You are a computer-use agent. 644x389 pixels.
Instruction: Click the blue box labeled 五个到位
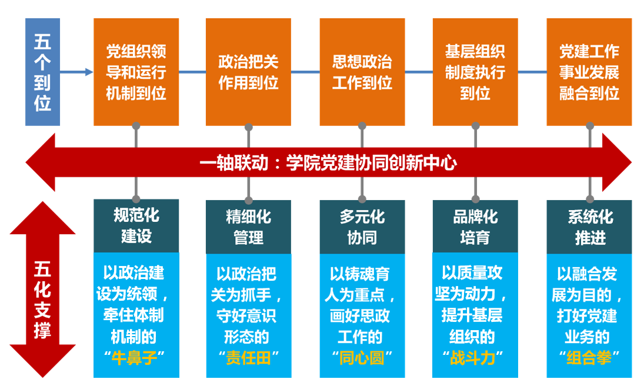click(43, 72)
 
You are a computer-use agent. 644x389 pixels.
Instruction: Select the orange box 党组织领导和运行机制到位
click(136, 72)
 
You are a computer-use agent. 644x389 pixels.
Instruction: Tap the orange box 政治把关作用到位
click(248, 72)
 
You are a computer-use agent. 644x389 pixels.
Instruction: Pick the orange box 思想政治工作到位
click(362, 72)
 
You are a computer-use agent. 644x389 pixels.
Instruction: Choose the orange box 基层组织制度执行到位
click(475, 72)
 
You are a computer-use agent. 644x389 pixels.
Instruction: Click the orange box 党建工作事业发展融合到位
click(589, 72)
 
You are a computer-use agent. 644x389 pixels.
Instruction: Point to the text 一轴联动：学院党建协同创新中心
click(328, 163)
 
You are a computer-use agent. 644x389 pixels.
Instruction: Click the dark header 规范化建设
click(136, 226)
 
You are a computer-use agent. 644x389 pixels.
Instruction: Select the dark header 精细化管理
click(248, 226)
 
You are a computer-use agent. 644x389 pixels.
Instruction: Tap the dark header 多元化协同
click(362, 226)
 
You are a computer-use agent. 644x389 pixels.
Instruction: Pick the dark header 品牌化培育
click(475, 226)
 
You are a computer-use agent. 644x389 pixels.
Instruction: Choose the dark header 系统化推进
click(589, 226)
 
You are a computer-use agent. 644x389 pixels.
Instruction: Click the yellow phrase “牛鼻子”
click(136, 358)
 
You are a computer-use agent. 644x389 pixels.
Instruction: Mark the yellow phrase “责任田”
click(248, 358)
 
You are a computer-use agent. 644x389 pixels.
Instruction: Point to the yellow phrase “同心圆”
click(362, 358)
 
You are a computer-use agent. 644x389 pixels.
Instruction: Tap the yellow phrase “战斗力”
click(475, 358)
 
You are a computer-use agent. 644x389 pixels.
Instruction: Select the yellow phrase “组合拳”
click(589, 358)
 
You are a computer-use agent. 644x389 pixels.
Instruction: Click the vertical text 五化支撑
click(42, 300)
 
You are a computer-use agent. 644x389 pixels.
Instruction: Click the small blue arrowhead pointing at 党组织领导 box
click(89, 72)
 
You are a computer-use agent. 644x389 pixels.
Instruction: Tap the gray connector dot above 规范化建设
click(136, 199)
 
